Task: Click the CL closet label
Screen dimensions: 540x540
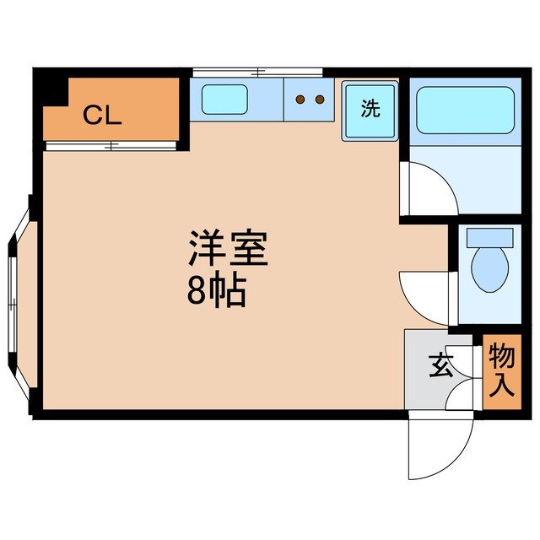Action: [x=102, y=116]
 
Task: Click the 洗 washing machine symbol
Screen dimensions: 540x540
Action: [x=370, y=109]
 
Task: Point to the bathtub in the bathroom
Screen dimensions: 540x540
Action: [x=465, y=111]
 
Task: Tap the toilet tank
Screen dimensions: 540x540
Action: [x=489, y=236]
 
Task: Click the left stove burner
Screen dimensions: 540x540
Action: [x=299, y=100]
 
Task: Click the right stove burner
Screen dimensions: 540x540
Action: [x=319, y=100]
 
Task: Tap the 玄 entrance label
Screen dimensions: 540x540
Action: [x=440, y=366]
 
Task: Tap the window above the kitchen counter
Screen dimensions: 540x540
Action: [x=257, y=72]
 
